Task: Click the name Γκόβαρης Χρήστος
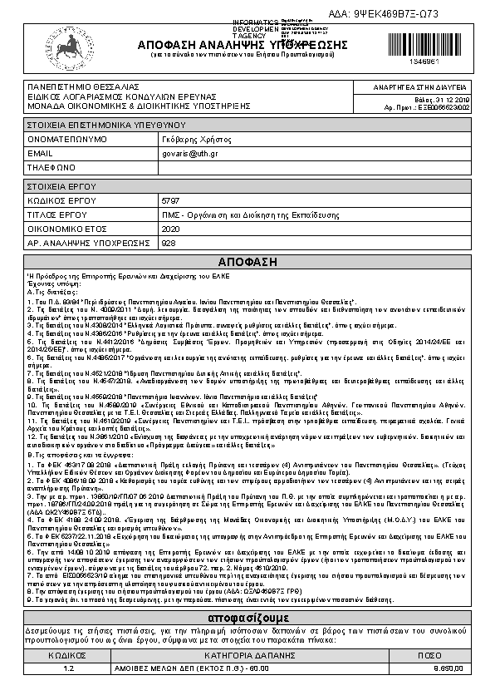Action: pos(196,140)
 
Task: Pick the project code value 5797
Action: pos(170,201)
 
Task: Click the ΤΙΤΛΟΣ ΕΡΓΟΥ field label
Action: pos(57,214)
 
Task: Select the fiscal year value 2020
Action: pos(171,229)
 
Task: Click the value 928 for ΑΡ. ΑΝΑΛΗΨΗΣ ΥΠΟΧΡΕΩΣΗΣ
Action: pos(169,243)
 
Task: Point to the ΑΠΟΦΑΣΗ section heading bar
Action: pos(247,260)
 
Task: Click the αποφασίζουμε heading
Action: pos(247,619)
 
